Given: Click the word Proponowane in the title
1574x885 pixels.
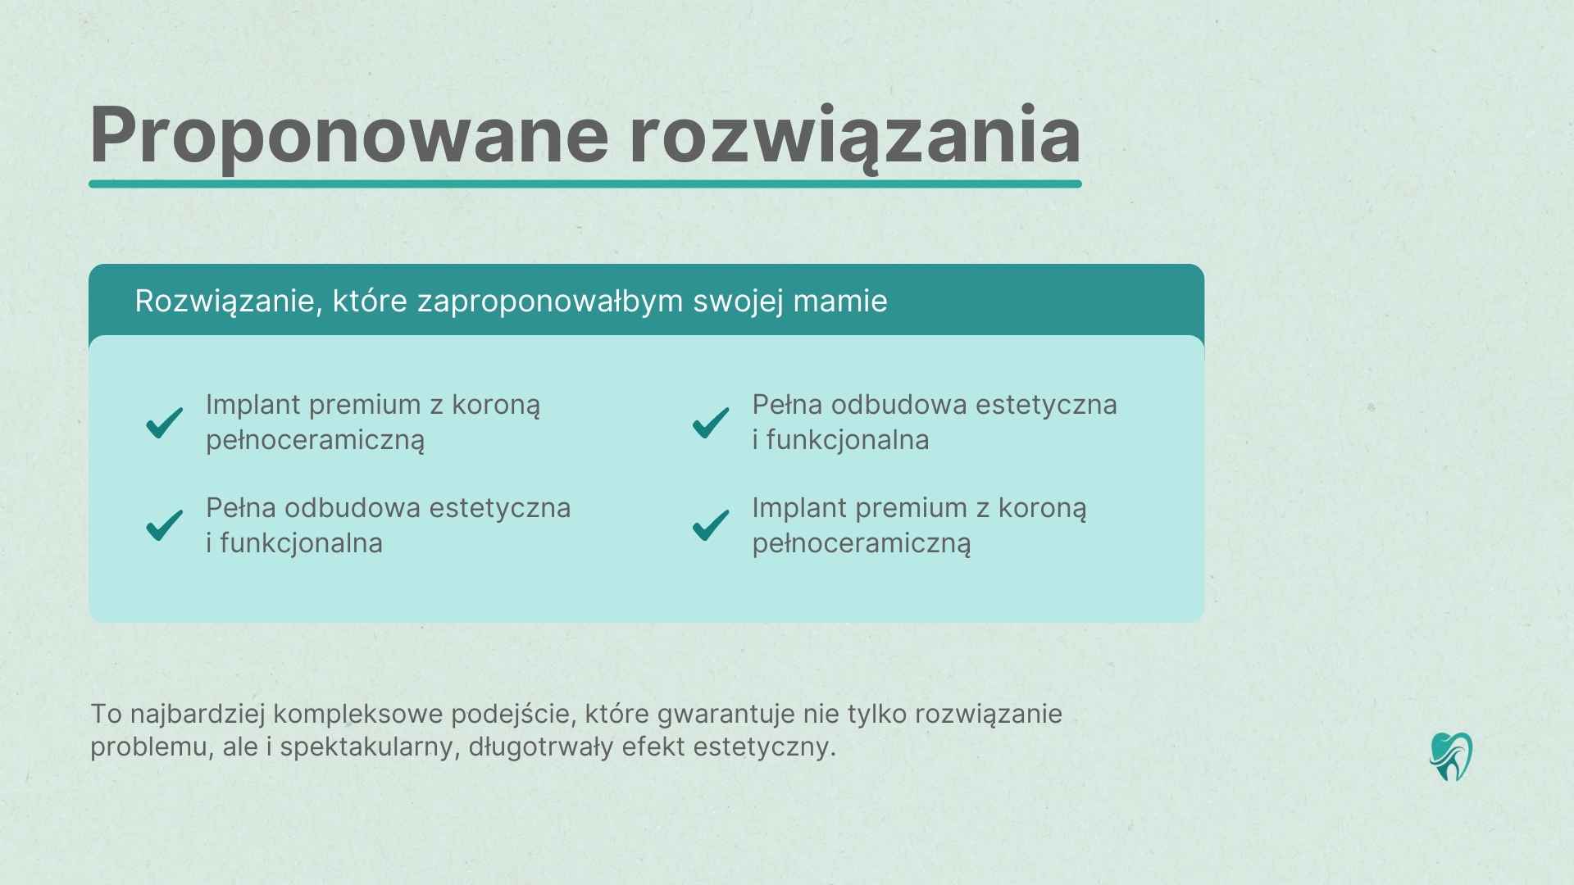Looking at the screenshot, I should pyautogui.click(x=348, y=135).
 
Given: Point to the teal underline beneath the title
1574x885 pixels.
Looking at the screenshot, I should pyautogui.click(x=585, y=184).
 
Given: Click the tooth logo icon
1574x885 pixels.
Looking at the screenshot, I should pyautogui.click(x=1450, y=756).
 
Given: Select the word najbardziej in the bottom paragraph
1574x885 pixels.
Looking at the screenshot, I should pyautogui.click(x=198, y=714).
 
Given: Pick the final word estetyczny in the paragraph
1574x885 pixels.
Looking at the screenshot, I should pyautogui.click(x=763, y=747).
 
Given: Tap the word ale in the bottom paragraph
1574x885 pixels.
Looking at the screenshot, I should pyautogui.click(x=240, y=747).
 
